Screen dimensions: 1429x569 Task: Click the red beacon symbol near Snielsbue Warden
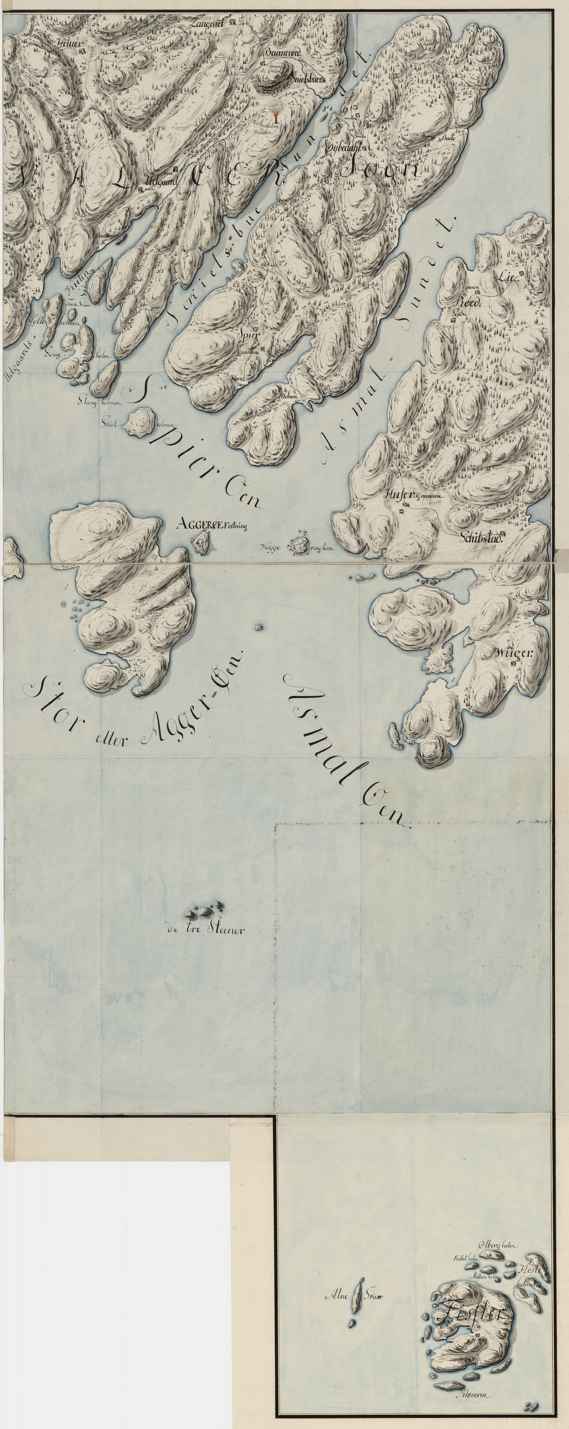point(276,113)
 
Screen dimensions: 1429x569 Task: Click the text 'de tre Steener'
point(205,929)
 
